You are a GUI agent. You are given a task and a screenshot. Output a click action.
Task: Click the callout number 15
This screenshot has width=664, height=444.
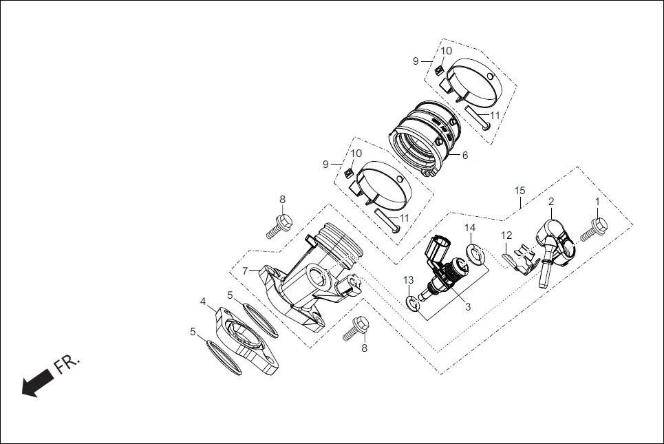tap(520, 190)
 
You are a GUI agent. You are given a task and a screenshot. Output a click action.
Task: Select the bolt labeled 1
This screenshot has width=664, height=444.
tap(593, 229)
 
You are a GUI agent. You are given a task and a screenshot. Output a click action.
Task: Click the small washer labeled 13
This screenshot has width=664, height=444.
tap(413, 303)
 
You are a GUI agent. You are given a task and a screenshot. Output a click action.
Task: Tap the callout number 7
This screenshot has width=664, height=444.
tap(246, 271)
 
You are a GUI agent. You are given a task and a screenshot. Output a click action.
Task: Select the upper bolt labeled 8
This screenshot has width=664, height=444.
tap(279, 224)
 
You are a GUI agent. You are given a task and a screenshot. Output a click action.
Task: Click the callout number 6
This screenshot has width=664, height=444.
tap(465, 156)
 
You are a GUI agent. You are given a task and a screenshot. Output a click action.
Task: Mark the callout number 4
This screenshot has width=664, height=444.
tap(203, 302)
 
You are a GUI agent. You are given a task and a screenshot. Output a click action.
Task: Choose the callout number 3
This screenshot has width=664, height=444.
tap(467, 307)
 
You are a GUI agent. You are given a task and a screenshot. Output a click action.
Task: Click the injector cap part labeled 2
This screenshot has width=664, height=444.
tap(555, 240)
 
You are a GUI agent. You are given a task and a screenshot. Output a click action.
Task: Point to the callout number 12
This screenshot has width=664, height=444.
tap(506, 235)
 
